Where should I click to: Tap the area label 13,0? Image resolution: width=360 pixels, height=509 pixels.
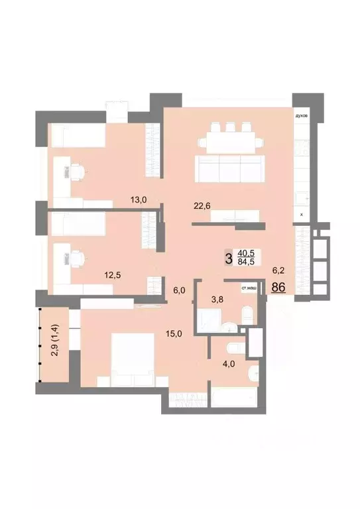tap(139, 198)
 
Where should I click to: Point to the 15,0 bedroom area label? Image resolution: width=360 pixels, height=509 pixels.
tap(174, 334)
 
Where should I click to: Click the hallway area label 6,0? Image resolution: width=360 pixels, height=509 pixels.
tap(180, 290)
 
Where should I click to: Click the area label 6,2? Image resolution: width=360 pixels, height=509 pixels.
tap(280, 271)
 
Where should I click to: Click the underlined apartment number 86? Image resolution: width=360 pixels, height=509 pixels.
tap(278, 288)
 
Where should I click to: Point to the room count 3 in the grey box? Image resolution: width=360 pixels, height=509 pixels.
tap(229, 258)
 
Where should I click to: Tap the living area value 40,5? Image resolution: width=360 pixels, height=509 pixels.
tap(247, 253)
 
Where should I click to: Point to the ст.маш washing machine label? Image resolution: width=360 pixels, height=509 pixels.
tap(250, 289)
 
